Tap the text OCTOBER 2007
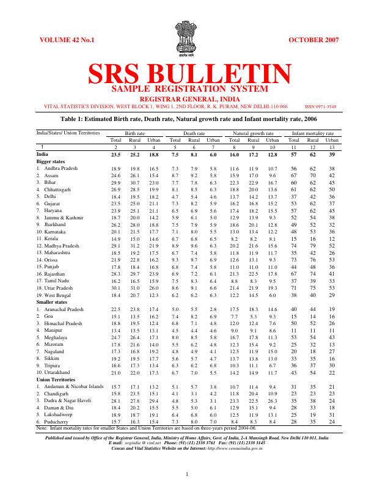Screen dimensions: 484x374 (x=311, y=40)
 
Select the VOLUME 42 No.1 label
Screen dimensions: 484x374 (x=67, y=40)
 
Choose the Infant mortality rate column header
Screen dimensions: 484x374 (x=312, y=133)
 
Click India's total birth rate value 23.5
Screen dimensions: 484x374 (x=116, y=154)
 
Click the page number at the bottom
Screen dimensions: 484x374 (x=187, y=474)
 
